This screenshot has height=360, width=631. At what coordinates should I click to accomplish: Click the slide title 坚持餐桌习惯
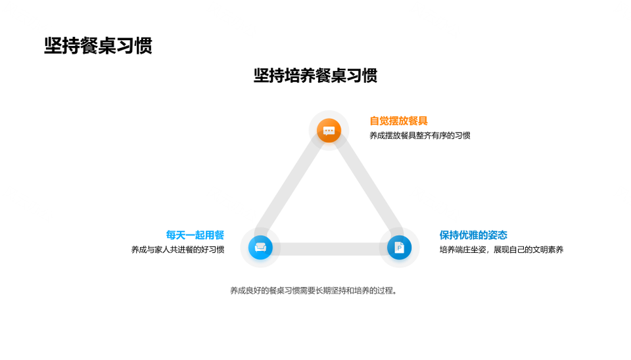(x=98, y=45)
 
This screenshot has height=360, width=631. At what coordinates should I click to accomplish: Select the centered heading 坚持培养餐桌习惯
(x=315, y=76)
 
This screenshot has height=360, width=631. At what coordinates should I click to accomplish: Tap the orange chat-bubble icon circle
(x=329, y=130)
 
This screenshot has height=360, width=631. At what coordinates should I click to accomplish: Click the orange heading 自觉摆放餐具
(x=398, y=121)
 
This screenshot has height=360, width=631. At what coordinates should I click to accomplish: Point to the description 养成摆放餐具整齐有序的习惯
(x=420, y=135)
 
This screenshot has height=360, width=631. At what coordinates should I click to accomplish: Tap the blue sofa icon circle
(x=260, y=247)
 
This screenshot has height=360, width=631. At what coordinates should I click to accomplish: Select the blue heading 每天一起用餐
(x=195, y=235)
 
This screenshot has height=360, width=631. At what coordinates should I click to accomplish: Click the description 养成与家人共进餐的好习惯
(x=177, y=250)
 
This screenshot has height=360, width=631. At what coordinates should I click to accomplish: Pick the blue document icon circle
(x=399, y=247)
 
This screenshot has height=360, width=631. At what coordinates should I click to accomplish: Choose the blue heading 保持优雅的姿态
(x=473, y=235)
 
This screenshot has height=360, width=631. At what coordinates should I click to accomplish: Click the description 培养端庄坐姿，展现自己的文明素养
(x=502, y=250)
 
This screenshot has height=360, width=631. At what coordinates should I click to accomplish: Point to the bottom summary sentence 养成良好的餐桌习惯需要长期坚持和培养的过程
(x=314, y=290)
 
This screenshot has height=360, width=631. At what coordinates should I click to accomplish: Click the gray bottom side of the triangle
(x=330, y=249)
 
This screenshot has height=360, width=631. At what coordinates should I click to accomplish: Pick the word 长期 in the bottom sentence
(x=323, y=290)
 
